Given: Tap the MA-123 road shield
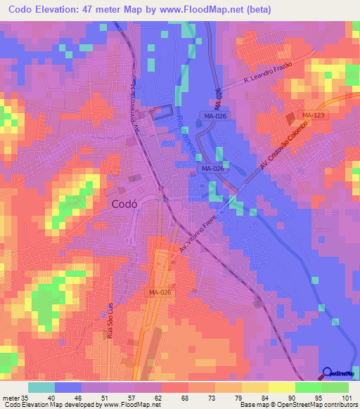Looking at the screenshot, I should [312, 115].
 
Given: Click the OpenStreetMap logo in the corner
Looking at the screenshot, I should [340, 374].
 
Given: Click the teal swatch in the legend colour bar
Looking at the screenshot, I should [41, 387].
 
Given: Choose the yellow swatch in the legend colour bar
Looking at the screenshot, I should [282, 387].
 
